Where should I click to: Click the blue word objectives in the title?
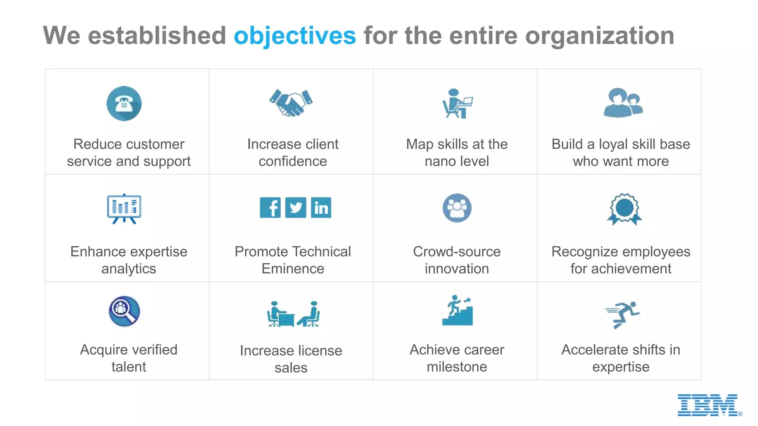pos(295,36)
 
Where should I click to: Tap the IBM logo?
pos(708,405)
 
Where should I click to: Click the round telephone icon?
pos(124,104)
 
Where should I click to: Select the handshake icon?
pos(291,103)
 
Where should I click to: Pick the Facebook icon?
pos(270,207)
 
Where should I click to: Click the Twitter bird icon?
pos(295,207)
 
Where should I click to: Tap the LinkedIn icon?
pos(321,207)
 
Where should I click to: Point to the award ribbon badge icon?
pos(624,209)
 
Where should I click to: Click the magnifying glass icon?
pos(124,311)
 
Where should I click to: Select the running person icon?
pos(623,314)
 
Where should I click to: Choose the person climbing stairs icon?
pos(457,310)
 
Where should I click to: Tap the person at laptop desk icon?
pos(457,104)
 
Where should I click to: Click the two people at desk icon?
pos(293,314)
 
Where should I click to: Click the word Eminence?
pos(293,269)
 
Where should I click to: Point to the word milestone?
pos(457,367)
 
